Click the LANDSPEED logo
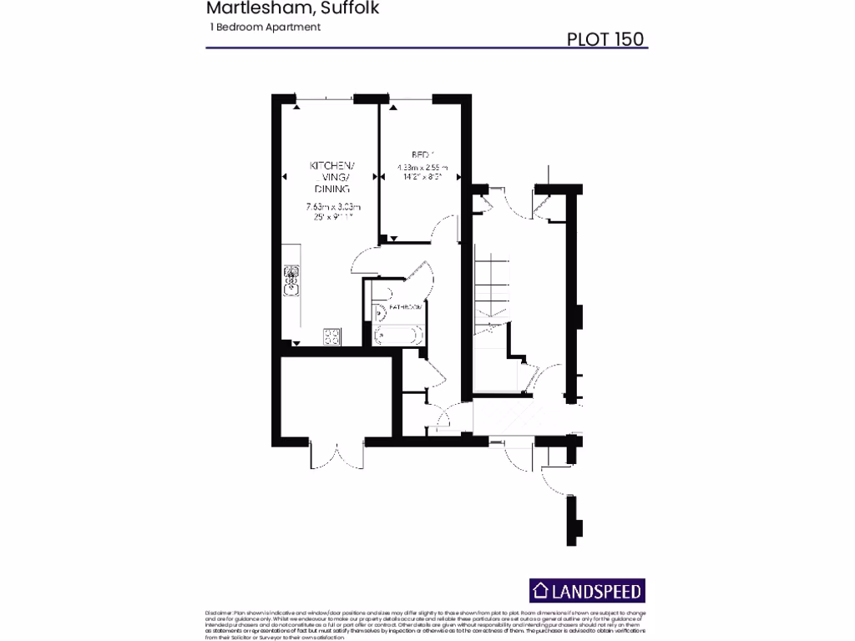(x=588, y=592)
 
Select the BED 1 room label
(x=422, y=154)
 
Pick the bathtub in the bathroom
(x=399, y=335)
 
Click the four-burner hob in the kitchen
(x=331, y=336)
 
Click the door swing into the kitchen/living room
(x=365, y=260)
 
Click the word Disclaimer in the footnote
(x=219, y=613)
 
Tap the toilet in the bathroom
(x=380, y=313)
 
